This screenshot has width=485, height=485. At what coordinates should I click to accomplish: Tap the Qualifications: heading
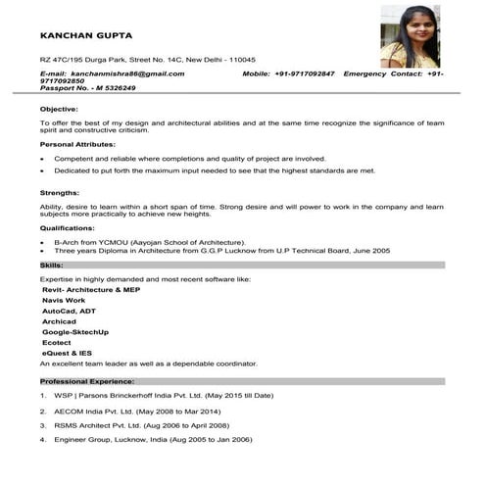coord(74,227)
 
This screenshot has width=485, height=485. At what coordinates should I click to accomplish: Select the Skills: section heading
coord(52,265)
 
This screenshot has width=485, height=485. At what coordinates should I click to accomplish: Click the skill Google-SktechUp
coord(84,332)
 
